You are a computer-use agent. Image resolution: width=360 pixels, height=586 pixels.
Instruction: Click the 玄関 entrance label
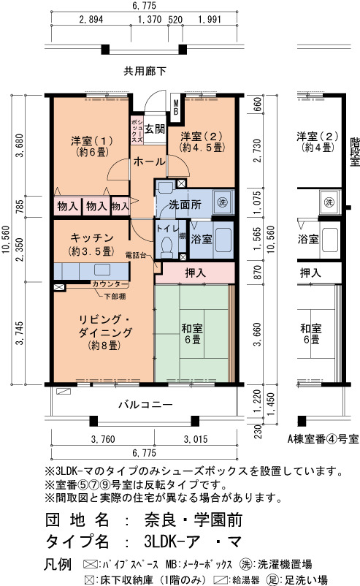point(155,129)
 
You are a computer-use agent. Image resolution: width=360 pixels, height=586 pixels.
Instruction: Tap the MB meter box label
point(176,107)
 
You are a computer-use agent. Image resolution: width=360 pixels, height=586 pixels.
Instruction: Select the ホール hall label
point(149,161)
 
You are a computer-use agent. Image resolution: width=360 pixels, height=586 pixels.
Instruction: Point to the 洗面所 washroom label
point(185,204)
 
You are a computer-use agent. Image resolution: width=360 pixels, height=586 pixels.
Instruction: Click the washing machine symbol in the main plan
point(222,202)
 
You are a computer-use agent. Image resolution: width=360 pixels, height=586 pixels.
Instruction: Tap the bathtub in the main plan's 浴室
point(223,240)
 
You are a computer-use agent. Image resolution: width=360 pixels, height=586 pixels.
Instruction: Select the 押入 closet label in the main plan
point(195,273)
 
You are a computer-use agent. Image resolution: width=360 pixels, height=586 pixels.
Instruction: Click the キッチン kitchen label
point(92,237)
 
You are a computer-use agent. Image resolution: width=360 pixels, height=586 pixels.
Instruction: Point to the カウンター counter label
point(110,284)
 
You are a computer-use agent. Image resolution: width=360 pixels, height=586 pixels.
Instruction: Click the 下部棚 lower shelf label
point(115,297)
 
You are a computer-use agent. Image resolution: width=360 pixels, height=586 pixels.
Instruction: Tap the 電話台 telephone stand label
point(136,255)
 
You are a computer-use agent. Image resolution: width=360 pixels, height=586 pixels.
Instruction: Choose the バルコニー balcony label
point(145,404)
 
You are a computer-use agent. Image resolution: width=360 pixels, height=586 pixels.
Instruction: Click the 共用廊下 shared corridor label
point(145,71)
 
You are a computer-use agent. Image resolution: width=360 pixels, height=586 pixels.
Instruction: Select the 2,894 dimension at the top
point(91,19)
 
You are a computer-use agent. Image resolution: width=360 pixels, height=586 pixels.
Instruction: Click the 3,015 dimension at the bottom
point(195,439)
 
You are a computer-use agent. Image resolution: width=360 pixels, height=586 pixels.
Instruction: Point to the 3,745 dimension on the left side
point(20,333)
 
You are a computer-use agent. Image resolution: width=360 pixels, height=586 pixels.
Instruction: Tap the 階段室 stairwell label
point(354,152)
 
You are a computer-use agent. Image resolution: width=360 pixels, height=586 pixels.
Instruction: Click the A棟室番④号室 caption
point(323,438)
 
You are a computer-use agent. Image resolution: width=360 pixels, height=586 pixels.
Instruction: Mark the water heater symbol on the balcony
point(64,392)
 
